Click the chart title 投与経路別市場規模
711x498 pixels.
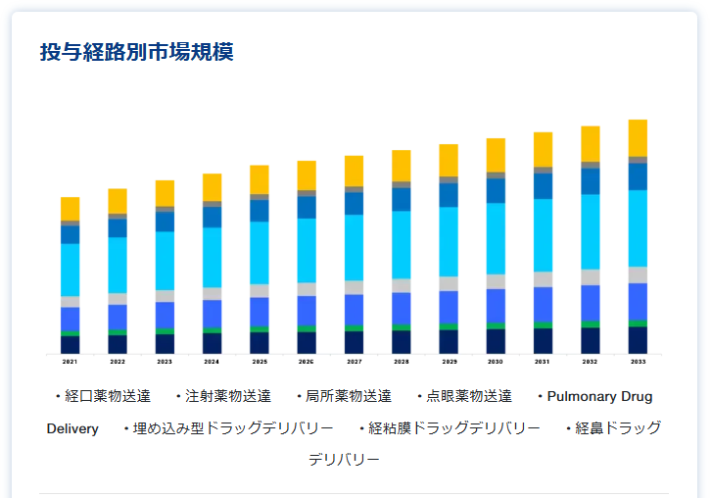136,53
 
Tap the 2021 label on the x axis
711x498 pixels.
70,362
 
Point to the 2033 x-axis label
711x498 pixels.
638,362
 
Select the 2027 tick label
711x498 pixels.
354,362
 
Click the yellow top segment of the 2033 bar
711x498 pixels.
638,137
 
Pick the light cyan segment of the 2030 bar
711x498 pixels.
496,238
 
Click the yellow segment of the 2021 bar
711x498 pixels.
70,209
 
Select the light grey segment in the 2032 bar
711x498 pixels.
591,276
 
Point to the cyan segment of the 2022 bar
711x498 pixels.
118,265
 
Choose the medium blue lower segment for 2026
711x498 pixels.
307,311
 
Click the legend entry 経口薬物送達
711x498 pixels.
107,396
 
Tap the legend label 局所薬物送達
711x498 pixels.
348,396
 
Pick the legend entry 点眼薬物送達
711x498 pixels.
468,396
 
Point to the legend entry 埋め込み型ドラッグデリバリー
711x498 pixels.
232,428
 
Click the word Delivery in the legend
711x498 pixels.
72,428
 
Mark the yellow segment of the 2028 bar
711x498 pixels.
402,166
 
